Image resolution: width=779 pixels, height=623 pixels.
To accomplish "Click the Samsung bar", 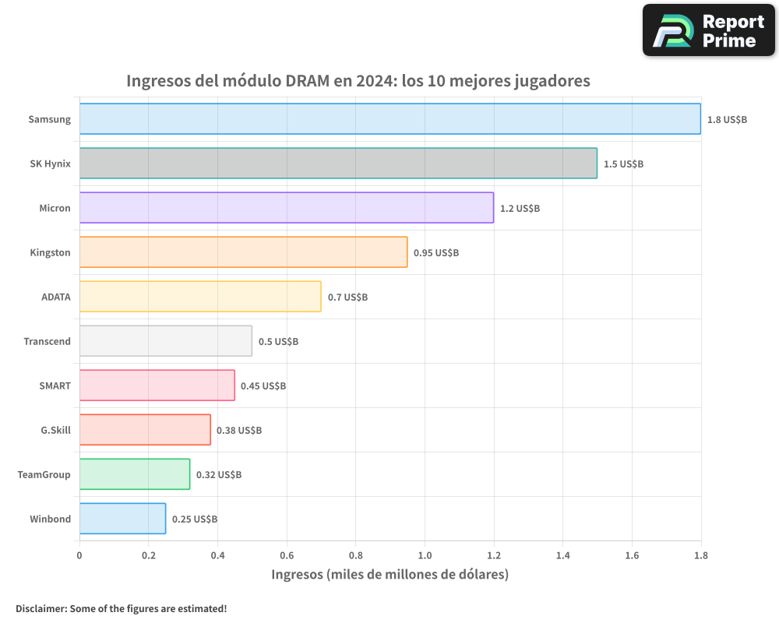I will click(x=389, y=119).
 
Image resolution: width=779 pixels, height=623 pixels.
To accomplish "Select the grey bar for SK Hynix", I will click(x=338, y=164).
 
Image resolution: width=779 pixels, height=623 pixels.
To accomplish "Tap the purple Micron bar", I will click(x=286, y=208).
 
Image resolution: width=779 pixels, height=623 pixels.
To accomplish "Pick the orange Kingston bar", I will click(x=243, y=252).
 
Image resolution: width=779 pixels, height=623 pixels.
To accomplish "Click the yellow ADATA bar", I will click(x=200, y=297).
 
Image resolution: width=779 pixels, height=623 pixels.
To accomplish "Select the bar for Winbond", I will click(x=122, y=519).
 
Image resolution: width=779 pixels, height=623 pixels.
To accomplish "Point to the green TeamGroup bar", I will click(x=135, y=474).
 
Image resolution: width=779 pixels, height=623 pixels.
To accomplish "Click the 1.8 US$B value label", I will click(x=727, y=120).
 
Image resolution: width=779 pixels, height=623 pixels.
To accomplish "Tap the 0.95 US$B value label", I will click(x=436, y=253).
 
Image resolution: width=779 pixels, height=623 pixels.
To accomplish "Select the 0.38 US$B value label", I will click(x=239, y=431).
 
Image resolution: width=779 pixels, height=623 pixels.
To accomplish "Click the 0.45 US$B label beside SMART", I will click(x=263, y=386).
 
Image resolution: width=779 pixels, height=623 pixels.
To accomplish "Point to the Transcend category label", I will click(x=47, y=341).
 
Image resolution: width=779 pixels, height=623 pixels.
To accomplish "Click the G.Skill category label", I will click(x=55, y=430).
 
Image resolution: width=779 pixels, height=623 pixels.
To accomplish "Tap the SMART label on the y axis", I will click(x=55, y=385).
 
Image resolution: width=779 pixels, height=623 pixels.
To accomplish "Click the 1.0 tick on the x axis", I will click(x=425, y=556).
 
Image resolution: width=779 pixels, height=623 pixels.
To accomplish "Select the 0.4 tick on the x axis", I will click(x=217, y=556).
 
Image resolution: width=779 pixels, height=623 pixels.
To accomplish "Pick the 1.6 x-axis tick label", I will click(x=632, y=556).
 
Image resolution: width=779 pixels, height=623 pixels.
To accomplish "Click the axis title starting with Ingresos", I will click(x=389, y=575).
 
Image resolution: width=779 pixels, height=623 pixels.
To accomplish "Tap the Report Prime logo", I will click(x=708, y=30).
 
